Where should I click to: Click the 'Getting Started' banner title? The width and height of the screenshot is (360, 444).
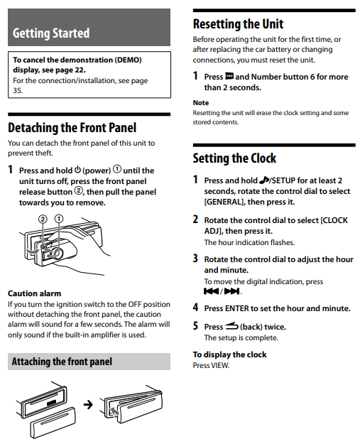pyautogui.click(x=51, y=33)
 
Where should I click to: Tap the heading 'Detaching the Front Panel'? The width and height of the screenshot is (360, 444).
pyautogui.click(x=72, y=128)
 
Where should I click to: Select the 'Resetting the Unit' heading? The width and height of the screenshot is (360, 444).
pyautogui.click(x=238, y=23)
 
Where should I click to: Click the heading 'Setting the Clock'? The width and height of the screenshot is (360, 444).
pyautogui.click(x=234, y=158)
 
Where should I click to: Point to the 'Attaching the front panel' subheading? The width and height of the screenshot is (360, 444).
pyautogui.click(x=62, y=362)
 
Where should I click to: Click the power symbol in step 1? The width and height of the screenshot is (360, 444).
pyautogui.click(x=77, y=170)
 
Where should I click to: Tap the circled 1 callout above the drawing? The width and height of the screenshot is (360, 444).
pyautogui.click(x=59, y=219)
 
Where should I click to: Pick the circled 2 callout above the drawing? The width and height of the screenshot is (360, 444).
pyautogui.click(x=43, y=219)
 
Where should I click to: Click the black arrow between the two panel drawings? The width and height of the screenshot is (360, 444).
pyautogui.click(x=88, y=405)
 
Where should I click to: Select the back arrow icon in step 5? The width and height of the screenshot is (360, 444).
pyautogui.click(x=231, y=327)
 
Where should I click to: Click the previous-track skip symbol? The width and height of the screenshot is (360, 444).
pyautogui.click(x=211, y=291)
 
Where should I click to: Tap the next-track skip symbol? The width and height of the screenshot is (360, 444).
pyautogui.click(x=231, y=291)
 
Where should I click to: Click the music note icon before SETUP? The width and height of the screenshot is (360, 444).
pyautogui.click(x=264, y=180)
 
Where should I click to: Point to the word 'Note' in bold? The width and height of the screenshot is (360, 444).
pyautogui.click(x=201, y=102)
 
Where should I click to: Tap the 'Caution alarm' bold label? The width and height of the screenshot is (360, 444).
pyautogui.click(x=35, y=293)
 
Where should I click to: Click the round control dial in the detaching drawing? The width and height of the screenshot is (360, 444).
pyautogui.click(x=58, y=253)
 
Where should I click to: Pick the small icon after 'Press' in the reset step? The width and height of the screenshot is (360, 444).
pyautogui.click(x=229, y=76)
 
